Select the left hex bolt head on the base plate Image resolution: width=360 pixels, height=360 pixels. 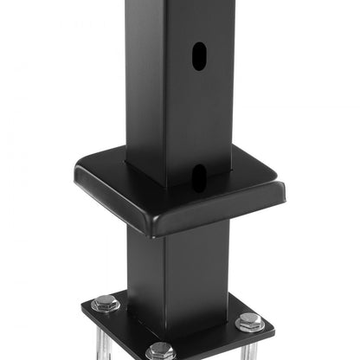click(x=106, y=303)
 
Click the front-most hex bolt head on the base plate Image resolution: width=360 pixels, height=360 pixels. click(x=161, y=350)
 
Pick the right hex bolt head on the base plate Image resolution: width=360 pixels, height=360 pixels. click(x=250, y=321)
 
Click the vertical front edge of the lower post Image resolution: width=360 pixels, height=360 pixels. click(x=166, y=268)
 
